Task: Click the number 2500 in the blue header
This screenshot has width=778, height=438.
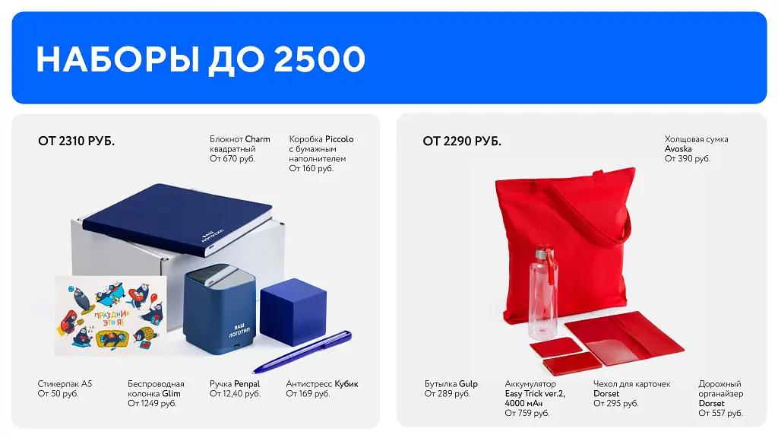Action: [x=319, y=59]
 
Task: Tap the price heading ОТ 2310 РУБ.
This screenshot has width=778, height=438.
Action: [x=77, y=141]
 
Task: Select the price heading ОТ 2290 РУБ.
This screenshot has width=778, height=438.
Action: [x=462, y=141]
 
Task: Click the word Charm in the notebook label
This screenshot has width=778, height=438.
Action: [x=258, y=139]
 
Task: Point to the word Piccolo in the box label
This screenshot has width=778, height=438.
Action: [x=340, y=139]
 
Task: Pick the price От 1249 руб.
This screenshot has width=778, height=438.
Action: [x=152, y=403]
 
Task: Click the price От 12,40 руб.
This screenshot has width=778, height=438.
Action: [x=235, y=394]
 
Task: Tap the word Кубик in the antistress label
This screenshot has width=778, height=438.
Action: [x=346, y=384]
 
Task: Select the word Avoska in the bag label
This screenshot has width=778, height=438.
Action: [x=678, y=149]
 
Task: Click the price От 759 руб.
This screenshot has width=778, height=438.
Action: [x=527, y=413]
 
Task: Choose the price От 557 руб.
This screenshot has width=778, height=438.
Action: [x=720, y=413]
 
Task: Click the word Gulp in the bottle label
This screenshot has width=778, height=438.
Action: [x=468, y=384]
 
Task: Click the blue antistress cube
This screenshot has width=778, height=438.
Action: [x=293, y=311]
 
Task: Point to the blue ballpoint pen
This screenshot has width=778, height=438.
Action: [x=302, y=351]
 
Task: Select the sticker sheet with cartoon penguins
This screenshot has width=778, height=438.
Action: [x=110, y=316]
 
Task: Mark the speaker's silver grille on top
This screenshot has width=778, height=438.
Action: [x=220, y=275]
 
